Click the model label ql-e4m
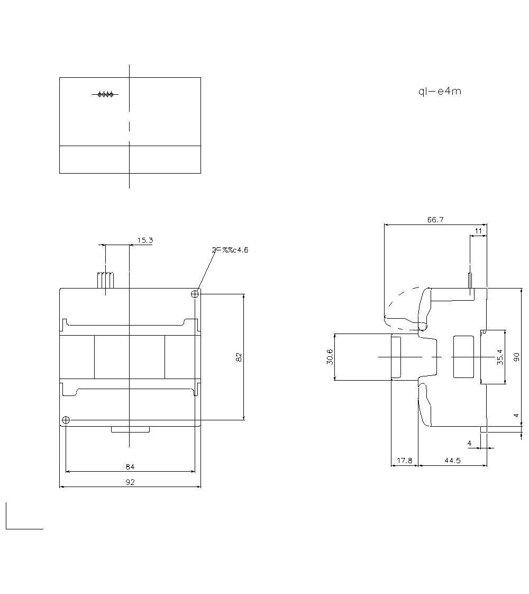coord(439,91)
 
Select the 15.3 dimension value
coord(145,240)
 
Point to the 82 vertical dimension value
coord(239,357)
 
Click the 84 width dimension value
coord(130,466)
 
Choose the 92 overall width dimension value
coord(130,482)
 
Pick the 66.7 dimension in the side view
coord(435,220)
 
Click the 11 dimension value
coord(478,231)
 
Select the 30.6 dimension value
coord(330,357)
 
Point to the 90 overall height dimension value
coord(517,357)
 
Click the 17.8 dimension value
coord(404,461)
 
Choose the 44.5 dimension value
coord(452,461)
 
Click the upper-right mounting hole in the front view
coord(195,293)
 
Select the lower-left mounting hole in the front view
coord(66,420)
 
